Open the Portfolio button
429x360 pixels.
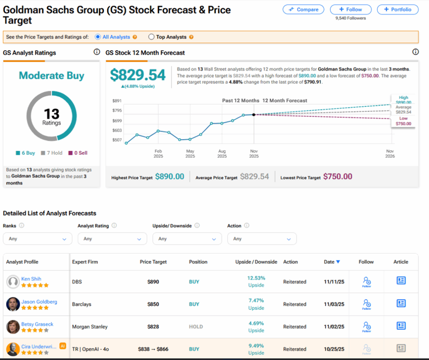tap(397, 10)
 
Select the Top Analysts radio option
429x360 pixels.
tap(151, 37)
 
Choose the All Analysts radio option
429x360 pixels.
tap(98, 37)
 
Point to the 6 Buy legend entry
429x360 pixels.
tap(27, 153)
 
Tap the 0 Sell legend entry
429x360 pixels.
tap(77, 153)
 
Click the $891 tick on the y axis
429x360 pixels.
tap(117, 101)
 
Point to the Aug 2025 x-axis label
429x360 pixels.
tap(222, 154)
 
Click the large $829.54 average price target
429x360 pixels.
tap(138, 75)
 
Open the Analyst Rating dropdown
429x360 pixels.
tap(112, 239)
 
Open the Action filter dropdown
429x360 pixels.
tap(261, 239)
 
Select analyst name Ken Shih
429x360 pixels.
tap(31, 278)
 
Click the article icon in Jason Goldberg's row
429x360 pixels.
tap(401, 303)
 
